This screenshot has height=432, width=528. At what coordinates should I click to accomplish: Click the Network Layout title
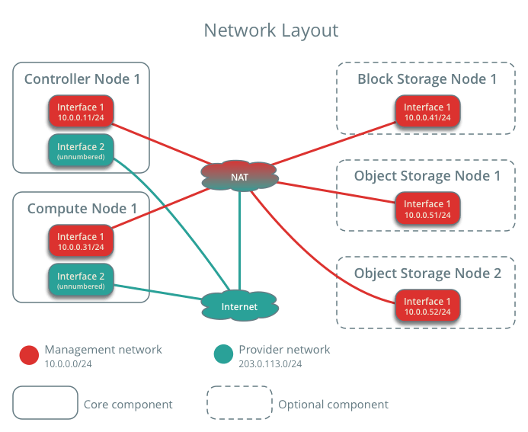[x=270, y=30]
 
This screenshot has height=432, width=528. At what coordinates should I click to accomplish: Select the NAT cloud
[x=240, y=177]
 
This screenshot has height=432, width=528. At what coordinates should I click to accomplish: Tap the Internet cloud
[x=239, y=307]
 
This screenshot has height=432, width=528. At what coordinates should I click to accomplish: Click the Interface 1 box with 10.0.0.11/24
[x=81, y=112]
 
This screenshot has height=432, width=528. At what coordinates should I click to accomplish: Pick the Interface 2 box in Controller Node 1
[x=81, y=150]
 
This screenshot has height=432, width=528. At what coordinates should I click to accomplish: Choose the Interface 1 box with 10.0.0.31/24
[x=81, y=242]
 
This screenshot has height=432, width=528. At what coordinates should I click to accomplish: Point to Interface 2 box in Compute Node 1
[x=81, y=280]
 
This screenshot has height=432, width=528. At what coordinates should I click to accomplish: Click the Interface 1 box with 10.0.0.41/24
[x=427, y=112]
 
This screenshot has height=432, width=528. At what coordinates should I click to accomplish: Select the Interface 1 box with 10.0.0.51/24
[x=427, y=209]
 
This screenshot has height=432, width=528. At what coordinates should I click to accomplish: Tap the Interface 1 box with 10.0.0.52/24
[x=427, y=306]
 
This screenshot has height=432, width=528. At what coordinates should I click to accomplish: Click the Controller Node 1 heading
[x=82, y=78]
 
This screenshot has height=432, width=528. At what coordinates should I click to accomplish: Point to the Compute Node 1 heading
[x=82, y=208]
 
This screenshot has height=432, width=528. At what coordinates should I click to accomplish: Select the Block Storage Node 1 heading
[x=427, y=78]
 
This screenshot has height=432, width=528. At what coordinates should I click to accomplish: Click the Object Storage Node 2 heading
[x=427, y=273]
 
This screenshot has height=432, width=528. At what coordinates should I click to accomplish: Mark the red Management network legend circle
[x=29, y=355]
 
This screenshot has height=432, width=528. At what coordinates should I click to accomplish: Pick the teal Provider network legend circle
[x=223, y=355]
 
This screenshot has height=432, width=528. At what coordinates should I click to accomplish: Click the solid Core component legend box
[x=45, y=402]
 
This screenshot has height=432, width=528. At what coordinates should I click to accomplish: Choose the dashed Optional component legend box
[x=240, y=402]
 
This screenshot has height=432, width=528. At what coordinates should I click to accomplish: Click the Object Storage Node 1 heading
[x=427, y=176]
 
